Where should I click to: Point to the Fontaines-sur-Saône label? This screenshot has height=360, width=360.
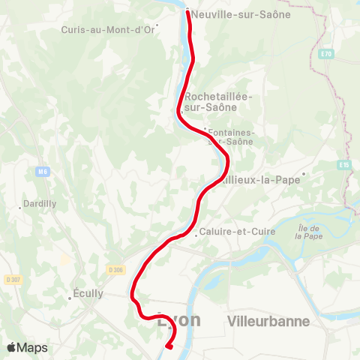click(231, 136)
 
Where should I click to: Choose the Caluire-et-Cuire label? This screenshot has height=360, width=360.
click(236, 232)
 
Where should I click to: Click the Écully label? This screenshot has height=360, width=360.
click(88, 293)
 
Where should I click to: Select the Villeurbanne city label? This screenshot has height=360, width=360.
click(268, 321)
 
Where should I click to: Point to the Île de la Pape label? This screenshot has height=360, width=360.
click(308, 232)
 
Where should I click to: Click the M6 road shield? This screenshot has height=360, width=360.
click(42, 172)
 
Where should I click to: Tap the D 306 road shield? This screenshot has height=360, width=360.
click(115, 269)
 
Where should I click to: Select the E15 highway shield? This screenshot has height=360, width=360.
click(344, 164)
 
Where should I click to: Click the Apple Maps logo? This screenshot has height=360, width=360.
click(27, 347)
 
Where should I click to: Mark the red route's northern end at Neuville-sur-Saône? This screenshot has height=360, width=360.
click(187, 11)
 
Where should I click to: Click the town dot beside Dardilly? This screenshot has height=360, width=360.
click(20, 207)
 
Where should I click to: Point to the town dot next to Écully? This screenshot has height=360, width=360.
click(69, 298)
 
